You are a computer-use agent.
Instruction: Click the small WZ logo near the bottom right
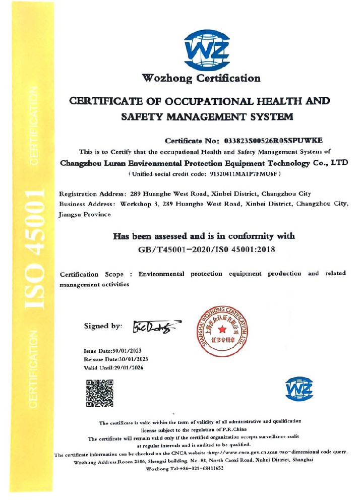click(x=299, y=389)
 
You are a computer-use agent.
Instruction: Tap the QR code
click(x=99, y=393)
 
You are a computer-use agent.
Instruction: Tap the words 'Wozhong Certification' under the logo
click(x=201, y=78)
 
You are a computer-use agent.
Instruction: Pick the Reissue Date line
click(x=115, y=359)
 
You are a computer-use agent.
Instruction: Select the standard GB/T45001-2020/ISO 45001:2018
click(x=207, y=248)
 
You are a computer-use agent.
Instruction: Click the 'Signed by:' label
click(x=103, y=326)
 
